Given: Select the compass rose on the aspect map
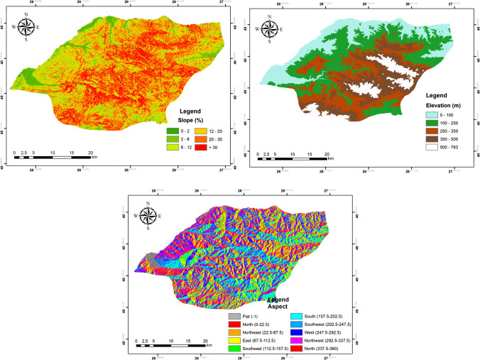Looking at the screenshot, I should pos(147,210).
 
